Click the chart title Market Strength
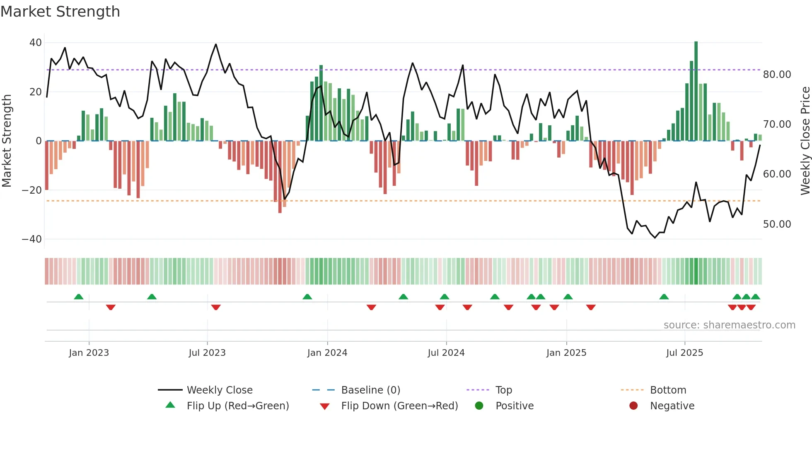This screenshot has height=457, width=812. click(x=60, y=12)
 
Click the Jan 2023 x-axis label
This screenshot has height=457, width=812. click(x=89, y=352)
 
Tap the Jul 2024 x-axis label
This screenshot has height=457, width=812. click(x=446, y=352)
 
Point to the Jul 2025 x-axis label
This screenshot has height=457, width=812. click(x=684, y=352)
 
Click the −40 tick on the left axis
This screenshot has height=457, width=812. click(x=32, y=239)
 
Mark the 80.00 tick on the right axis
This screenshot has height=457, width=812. click(x=777, y=75)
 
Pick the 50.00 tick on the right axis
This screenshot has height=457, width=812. click(x=777, y=224)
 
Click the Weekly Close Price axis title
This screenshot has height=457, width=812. click(x=805, y=141)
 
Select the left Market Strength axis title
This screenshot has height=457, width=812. click(x=7, y=141)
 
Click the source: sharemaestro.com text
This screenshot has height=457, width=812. click(x=729, y=325)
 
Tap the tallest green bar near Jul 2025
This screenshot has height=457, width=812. click(x=696, y=91)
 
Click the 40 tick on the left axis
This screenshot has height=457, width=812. click(x=36, y=43)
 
